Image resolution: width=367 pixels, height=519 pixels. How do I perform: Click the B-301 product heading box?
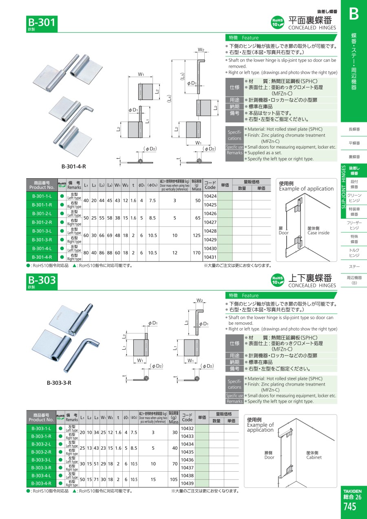pyautogui.click(x=42, y=24)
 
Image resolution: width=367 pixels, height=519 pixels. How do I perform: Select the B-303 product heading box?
pyautogui.click(x=42, y=281)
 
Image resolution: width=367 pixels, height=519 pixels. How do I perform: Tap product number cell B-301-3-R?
pyautogui.click(x=42, y=240)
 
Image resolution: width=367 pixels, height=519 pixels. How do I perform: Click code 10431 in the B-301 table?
pyautogui.click(x=210, y=257)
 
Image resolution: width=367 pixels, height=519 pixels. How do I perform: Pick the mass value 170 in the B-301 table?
pyautogui.click(x=197, y=253)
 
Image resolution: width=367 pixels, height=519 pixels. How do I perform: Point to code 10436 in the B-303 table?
pyautogui.click(x=187, y=460)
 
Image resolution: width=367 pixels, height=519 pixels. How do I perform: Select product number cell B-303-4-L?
pyautogui.click(x=41, y=475)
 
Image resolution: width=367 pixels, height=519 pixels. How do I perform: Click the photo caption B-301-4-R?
pyautogui.click(x=74, y=166)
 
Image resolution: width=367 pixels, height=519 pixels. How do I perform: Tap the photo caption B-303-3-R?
pyautogui.click(x=59, y=383)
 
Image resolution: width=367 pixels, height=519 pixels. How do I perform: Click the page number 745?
pyautogui.click(x=349, y=506)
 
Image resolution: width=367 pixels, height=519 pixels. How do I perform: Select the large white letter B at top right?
pyautogui.click(x=354, y=14)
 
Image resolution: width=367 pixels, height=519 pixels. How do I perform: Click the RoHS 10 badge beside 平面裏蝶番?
pyautogui.click(x=277, y=22)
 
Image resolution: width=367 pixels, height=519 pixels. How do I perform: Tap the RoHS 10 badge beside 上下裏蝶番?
pyautogui.click(x=277, y=280)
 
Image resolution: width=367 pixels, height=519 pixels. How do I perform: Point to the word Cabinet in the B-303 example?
pyautogui.click(x=314, y=457)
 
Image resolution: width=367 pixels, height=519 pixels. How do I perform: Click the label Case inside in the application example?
pyautogui.click(x=318, y=233)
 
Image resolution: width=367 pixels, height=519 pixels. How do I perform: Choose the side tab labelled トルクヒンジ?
pyautogui.click(x=354, y=253)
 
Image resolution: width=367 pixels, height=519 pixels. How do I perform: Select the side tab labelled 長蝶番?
pyautogui.click(x=354, y=129)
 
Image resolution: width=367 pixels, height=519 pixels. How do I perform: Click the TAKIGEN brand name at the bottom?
pyautogui.click(x=352, y=491)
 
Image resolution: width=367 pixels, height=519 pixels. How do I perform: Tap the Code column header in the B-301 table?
pyautogui.click(x=210, y=185)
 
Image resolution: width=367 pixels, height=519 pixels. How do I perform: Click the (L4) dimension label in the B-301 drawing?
pyautogui.click(x=170, y=99)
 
